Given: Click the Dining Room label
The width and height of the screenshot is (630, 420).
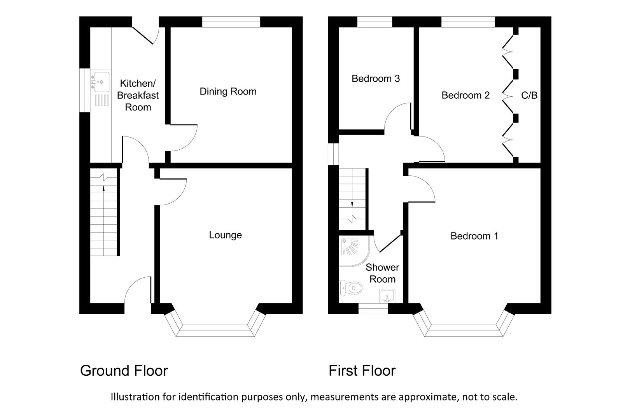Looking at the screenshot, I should click(228, 91).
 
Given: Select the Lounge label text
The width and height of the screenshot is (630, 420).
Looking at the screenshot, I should click(225, 235).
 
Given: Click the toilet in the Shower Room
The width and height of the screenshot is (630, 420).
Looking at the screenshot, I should click(352, 288).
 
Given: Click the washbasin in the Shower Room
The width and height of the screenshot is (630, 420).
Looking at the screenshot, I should click(387, 296).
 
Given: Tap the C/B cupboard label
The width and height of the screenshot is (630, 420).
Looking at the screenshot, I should click(529, 95).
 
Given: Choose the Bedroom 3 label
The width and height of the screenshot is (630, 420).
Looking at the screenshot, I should click(375, 79).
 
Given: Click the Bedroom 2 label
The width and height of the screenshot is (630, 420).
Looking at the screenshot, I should click(465, 95).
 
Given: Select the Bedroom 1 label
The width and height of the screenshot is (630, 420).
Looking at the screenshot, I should click(474, 236).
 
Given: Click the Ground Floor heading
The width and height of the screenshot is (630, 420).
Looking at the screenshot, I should click(124, 371).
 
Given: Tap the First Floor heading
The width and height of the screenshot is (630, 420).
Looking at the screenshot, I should click(362, 371).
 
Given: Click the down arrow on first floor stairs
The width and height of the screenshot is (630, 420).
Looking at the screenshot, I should click(352, 203).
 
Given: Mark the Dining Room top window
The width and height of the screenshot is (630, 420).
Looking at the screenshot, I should click(231, 22).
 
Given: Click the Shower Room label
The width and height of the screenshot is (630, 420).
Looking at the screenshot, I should click(382, 273).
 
